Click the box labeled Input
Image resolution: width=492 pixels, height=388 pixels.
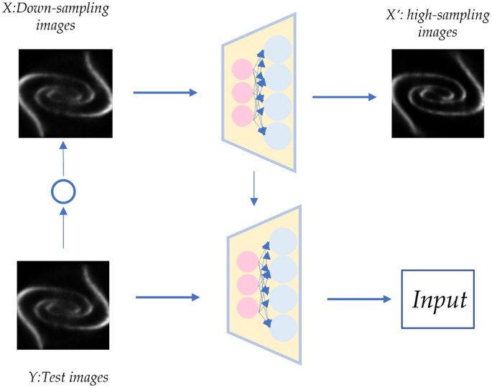[437, 299]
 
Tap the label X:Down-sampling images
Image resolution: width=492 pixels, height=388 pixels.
[56, 18]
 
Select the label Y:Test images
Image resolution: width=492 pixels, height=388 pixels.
[69, 376]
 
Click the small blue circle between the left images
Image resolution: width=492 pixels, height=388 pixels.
[64, 191]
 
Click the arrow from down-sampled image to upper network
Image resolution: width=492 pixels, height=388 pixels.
[165, 92]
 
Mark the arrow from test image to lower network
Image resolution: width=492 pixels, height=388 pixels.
[166, 296]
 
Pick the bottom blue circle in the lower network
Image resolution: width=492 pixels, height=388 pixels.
[284, 326]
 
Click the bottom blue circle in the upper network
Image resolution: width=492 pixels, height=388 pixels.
[278, 135]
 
